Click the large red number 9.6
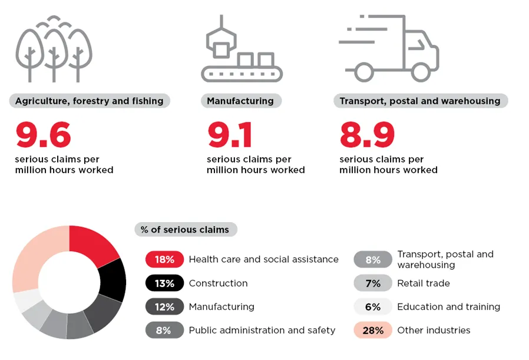(x=44, y=136)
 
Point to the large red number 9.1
(x=230, y=136)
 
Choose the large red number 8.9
(x=367, y=136)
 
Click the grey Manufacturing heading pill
(x=240, y=101)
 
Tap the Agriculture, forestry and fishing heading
(x=90, y=101)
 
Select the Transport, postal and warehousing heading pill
(x=420, y=101)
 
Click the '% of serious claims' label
(x=185, y=230)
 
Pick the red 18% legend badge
(x=164, y=259)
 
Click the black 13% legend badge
(x=164, y=283)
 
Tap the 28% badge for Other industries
(x=373, y=331)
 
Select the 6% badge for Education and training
(x=373, y=307)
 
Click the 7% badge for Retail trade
(x=373, y=283)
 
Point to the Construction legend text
(x=218, y=283)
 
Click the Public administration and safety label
(x=262, y=331)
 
